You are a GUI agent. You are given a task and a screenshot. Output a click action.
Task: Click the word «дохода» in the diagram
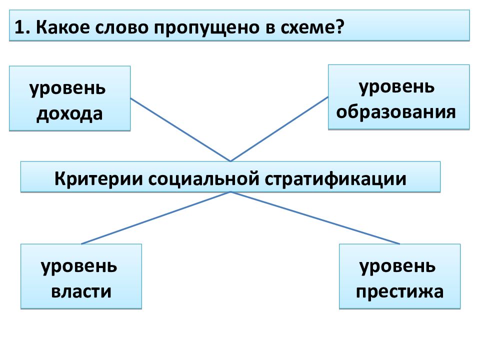pos(69,114)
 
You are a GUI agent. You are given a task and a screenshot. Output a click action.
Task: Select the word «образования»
pos(396,111)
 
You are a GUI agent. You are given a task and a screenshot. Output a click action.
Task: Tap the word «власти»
pos(81,291)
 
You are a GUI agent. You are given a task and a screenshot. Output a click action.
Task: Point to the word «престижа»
pos(399,291)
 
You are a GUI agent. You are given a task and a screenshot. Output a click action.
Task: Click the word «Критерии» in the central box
pos(98,178)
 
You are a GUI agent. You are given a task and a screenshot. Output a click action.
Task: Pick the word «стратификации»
pos(335,179)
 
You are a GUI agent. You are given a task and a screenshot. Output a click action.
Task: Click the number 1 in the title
pos(20,27)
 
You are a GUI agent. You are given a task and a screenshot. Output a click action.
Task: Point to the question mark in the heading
pos(340,27)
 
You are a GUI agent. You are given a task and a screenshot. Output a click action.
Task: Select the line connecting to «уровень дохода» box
pos(180,129)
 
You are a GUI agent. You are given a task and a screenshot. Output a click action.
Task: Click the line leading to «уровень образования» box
pos(279,129)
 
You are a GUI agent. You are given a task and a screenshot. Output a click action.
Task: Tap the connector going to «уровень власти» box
pos(156,218)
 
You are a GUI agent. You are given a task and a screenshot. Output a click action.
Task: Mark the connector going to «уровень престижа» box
pos(315,218)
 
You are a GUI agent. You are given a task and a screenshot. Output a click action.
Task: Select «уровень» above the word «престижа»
pos(397,267)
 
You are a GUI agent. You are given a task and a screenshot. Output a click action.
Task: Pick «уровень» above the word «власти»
pos(79,267)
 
